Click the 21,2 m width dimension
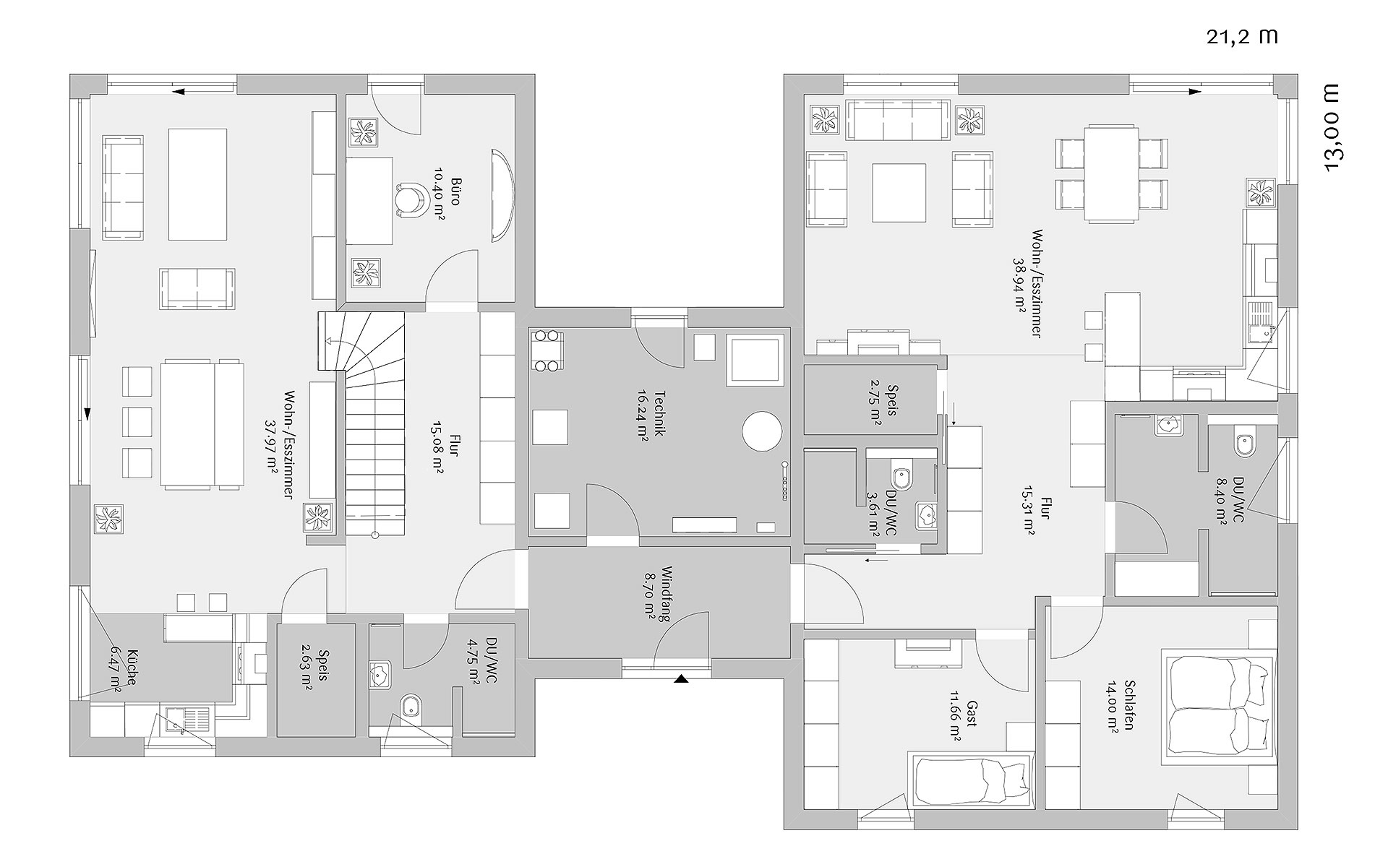coord(1241,37)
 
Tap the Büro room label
coord(447,198)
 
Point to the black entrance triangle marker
coord(680,679)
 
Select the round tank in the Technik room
coord(762,431)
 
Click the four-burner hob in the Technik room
coord(547,350)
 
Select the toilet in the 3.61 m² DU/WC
coord(901,478)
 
